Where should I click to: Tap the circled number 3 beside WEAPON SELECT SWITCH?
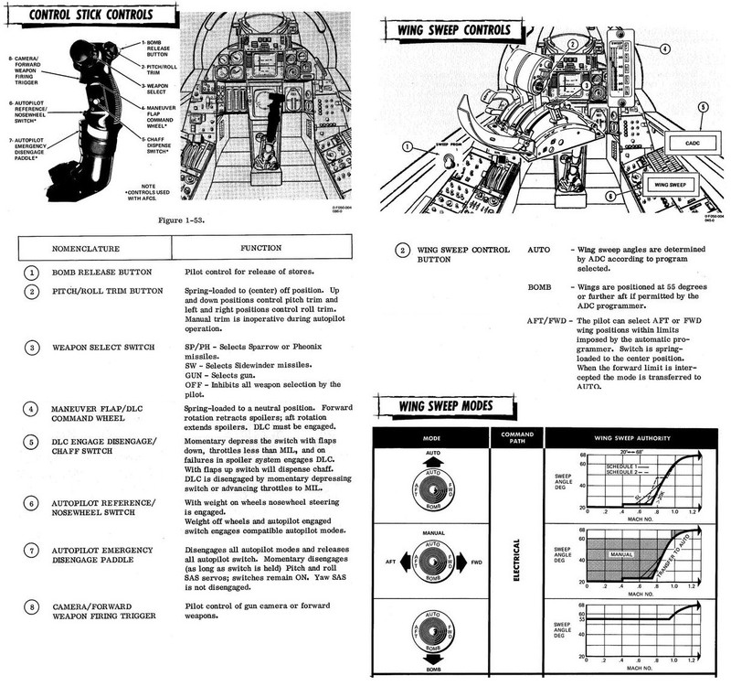click(x=31, y=348)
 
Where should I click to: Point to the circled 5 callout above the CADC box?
click(x=702, y=107)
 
